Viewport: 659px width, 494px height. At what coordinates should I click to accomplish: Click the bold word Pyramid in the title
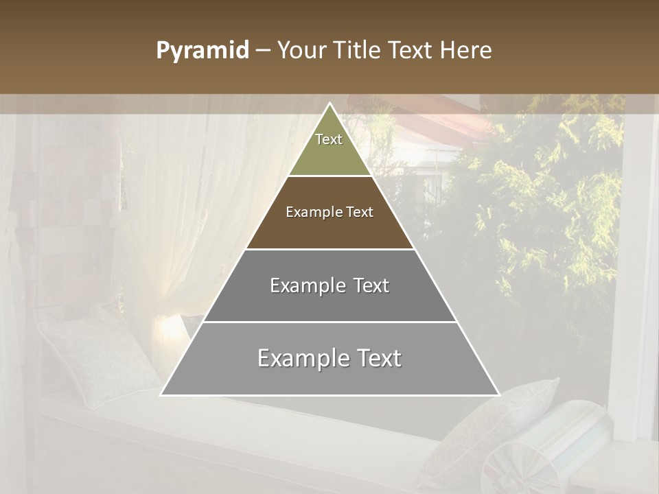(x=203, y=51)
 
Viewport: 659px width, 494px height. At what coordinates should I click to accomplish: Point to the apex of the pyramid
(x=329, y=104)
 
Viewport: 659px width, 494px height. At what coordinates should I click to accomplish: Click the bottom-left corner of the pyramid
(x=162, y=395)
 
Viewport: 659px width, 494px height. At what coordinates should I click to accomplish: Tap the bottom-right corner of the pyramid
(x=498, y=395)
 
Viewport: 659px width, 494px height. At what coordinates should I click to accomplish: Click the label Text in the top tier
(x=329, y=139)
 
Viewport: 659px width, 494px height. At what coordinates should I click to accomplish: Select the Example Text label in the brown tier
(x=329, y=212)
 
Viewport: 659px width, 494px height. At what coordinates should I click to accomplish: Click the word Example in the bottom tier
(x=299, y=358)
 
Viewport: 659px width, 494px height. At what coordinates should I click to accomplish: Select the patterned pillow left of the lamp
(x=96, y=357)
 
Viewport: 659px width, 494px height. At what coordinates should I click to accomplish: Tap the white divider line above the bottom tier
(x=329, y=322)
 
